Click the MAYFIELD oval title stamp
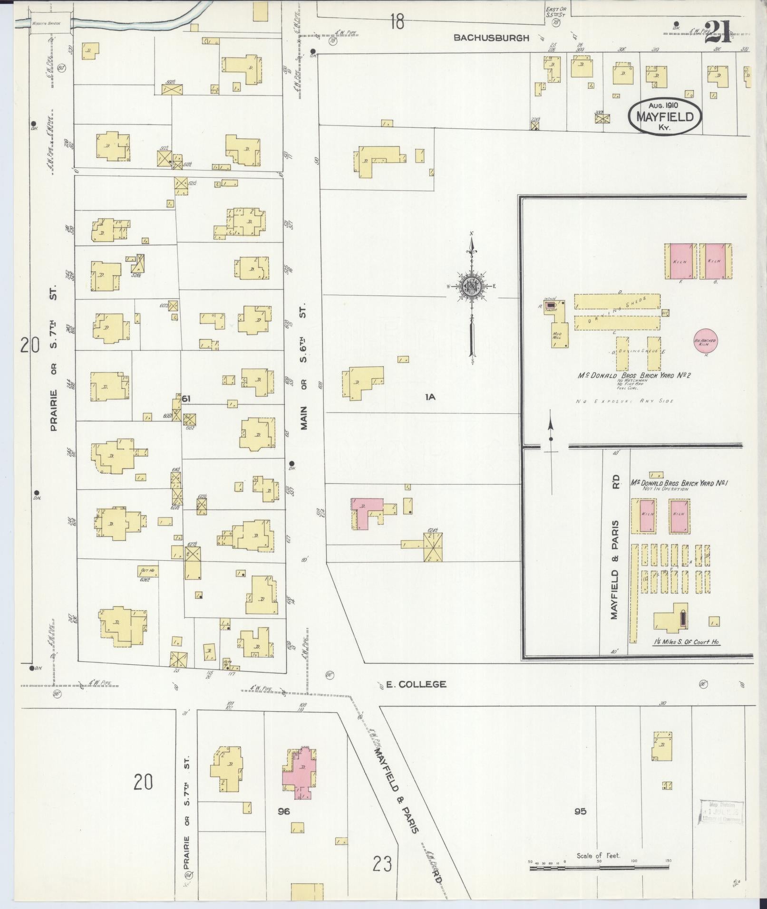[x=665, y=116]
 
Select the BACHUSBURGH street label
[x=491, y=38]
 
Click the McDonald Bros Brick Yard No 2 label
[x=634, y=375]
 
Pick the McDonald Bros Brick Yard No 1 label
[x=680, y=483]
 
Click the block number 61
[x=186, y=399]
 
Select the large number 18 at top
[x=398, y=21]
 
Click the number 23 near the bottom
[x=382, y=863]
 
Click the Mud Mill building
[x=560, y=335]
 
